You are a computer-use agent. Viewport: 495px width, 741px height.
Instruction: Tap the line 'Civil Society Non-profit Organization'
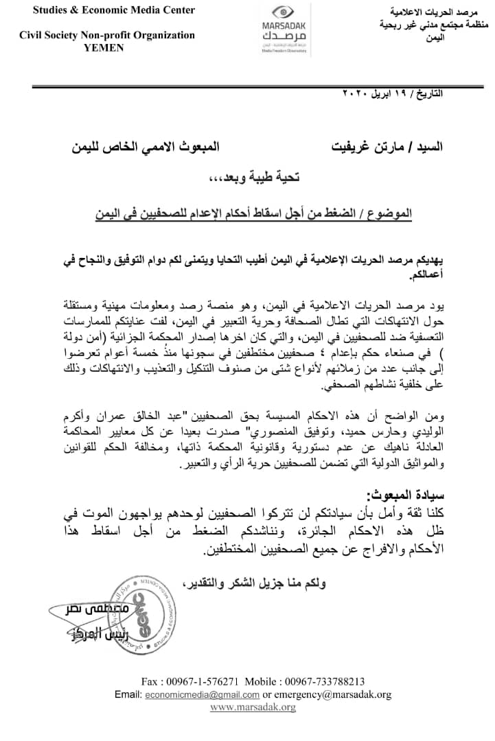pyautogui.click(x=107, y=35)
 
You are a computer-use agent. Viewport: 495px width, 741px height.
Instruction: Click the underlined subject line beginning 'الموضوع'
pyautogui.click(x=254, y=213)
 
